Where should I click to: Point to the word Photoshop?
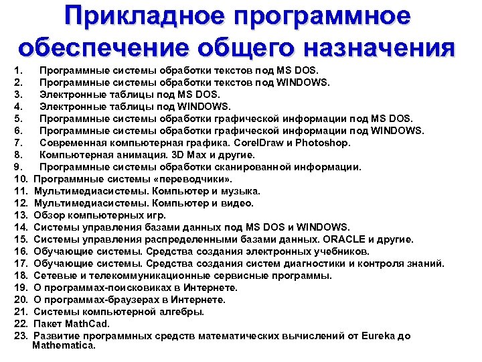pyautogui.click(x=318, y=143)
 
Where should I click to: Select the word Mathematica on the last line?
pyautogui.click(x=64, y=346)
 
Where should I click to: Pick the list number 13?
pyautogui.click(x=19, y=215)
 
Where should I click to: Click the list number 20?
pyautogui.click(x=19, y=300)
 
